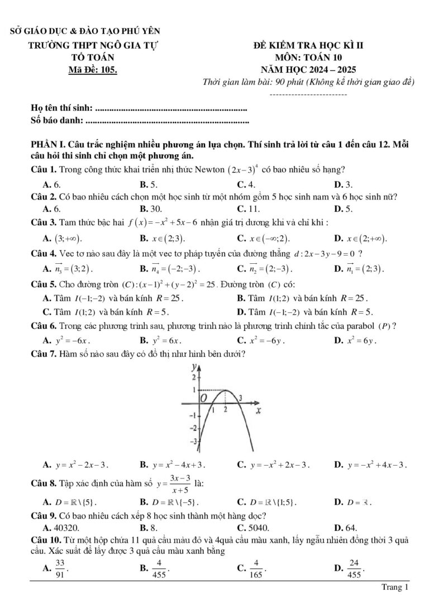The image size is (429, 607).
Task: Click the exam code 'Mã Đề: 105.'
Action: tap(93, 69)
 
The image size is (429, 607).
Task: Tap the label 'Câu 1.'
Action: tap(44, 169)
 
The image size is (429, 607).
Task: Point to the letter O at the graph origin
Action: tap(204, 398)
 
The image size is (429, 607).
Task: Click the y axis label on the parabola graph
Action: tap(194, 368)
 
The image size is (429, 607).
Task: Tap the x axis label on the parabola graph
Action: tap(259, 412)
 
